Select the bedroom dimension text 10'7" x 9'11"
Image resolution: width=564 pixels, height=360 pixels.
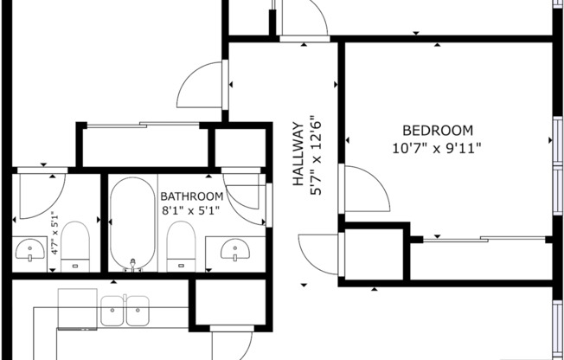click(x=436, y=147)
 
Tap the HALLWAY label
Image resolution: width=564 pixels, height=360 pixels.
click(x=298, y=153)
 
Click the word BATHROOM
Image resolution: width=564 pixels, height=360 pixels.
click(x=191, y=196)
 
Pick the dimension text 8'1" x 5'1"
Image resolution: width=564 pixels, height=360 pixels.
click(x=190, y=210)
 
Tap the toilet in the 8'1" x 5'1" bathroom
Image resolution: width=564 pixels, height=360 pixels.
click(x=178, y=244)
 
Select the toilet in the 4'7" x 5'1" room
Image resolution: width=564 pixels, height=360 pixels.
click(x=75, y=244)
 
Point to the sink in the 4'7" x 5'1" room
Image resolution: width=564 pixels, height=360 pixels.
click(x=31, y=251)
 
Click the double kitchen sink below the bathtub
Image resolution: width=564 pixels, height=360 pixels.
click(x=125, y=311)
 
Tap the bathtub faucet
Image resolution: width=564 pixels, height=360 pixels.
click(x=132, y=263)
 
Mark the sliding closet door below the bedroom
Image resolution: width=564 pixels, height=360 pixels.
click(x=480, y=238)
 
